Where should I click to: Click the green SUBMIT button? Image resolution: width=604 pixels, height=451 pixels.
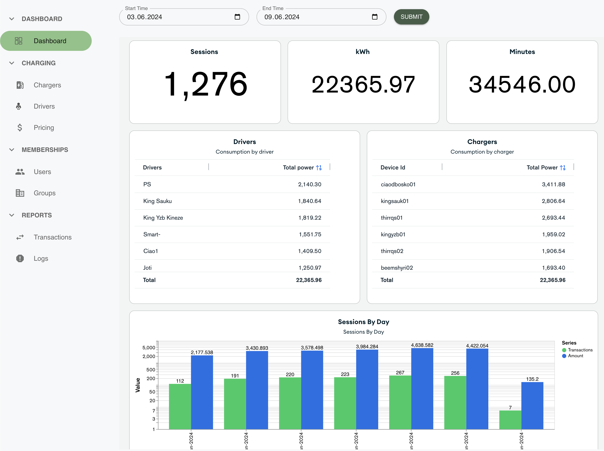click(411, 17)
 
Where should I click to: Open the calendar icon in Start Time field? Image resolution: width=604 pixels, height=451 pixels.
click(237, 17)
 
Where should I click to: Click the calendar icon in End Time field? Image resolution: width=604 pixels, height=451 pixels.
click(375, 17)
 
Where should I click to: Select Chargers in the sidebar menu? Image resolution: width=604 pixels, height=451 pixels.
click(47, 85)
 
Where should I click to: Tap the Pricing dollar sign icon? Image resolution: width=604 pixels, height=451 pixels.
click(20, 128)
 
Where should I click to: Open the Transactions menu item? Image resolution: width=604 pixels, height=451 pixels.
click(52, 237)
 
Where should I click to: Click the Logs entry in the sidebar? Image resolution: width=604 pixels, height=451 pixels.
click(41, 259)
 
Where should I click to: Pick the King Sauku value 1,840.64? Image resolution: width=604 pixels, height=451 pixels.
click(310, 201)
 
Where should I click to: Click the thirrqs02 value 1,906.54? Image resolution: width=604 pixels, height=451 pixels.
click(553, 251)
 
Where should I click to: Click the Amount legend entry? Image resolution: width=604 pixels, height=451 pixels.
click(575, 356)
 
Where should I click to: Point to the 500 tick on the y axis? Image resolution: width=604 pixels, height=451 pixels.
click(151, 370)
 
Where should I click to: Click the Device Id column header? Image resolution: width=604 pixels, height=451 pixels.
click(392, 168)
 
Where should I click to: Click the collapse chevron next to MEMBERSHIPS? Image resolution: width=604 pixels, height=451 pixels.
click(12, 150)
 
